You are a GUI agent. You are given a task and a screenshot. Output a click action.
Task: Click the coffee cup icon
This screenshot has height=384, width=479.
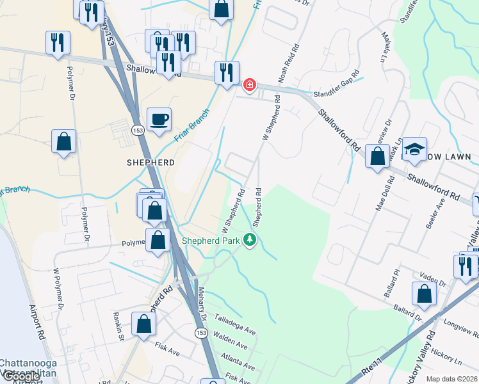159,119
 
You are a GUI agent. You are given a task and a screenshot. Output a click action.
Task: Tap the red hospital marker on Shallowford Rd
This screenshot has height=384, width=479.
250,84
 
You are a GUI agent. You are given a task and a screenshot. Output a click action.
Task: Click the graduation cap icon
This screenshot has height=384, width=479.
414,148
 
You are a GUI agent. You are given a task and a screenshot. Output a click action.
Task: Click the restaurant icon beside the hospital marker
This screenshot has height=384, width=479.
226,72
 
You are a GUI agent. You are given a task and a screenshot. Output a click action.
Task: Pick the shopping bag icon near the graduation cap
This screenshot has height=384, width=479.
378,156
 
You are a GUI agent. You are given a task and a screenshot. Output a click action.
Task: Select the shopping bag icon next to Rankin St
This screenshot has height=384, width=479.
144,324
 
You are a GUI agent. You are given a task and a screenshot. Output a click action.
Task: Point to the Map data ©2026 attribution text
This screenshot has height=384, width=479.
452,379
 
